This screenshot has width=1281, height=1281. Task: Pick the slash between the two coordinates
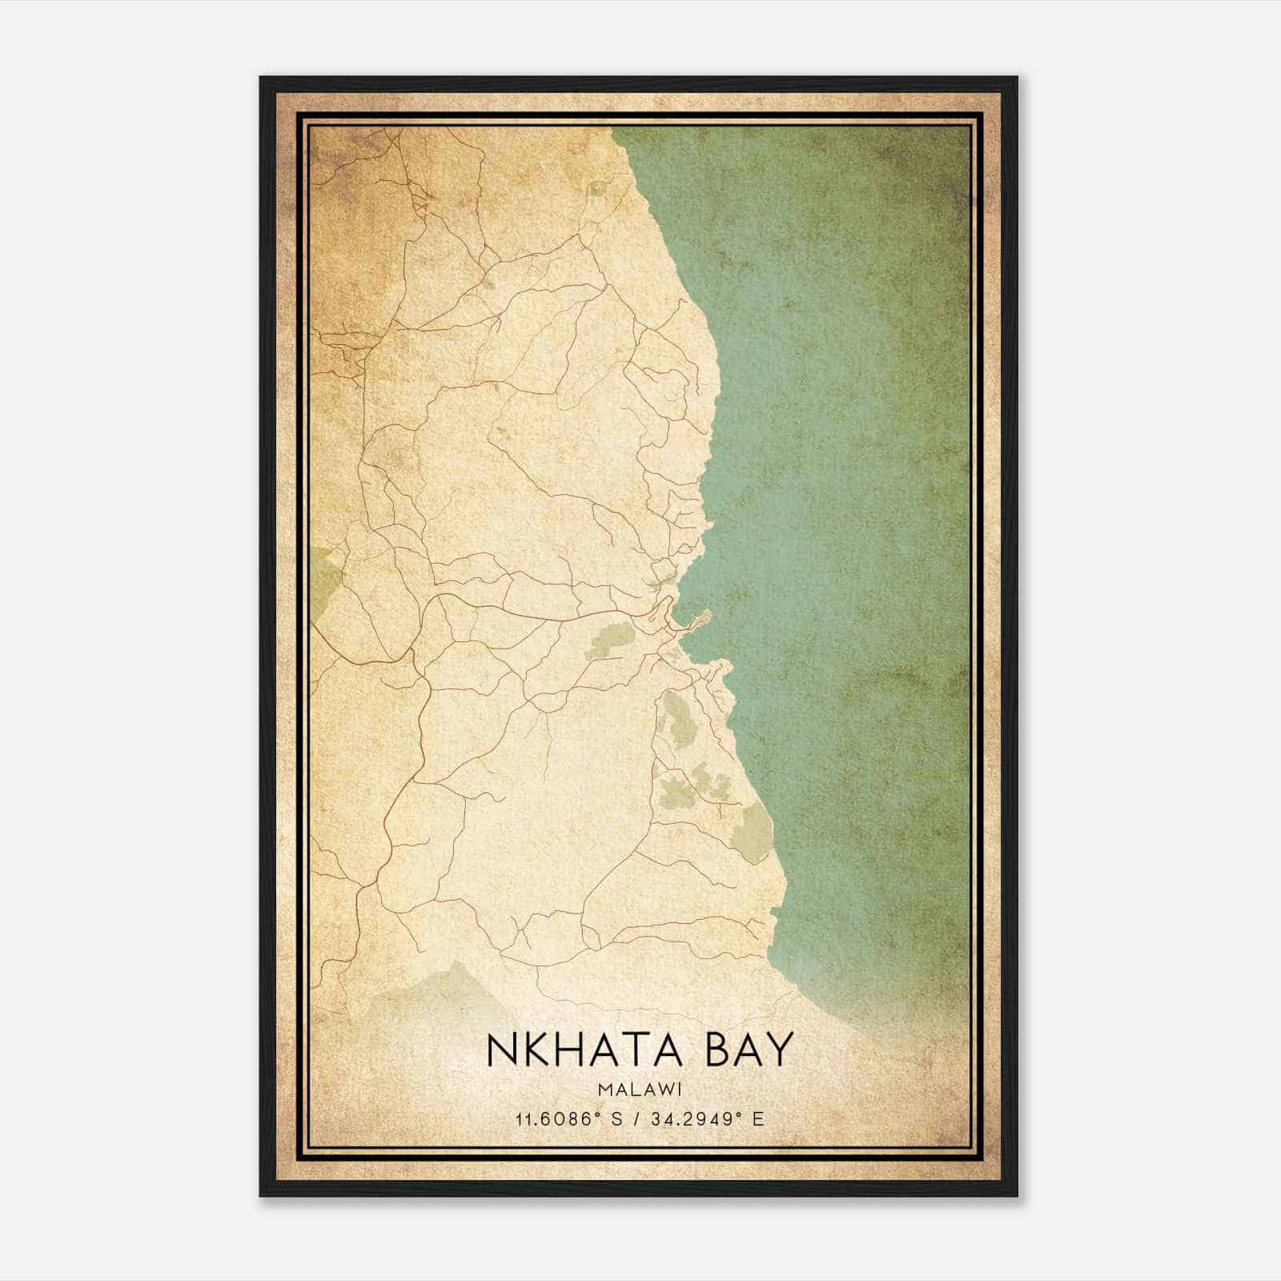pos(634,1118)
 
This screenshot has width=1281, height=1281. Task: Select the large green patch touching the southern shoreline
pos(754,833)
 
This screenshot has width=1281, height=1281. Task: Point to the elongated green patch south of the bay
pos(677,717)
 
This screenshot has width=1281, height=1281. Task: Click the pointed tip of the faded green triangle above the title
pos(457,962)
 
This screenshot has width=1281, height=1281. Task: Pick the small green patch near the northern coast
pos(598,190)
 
